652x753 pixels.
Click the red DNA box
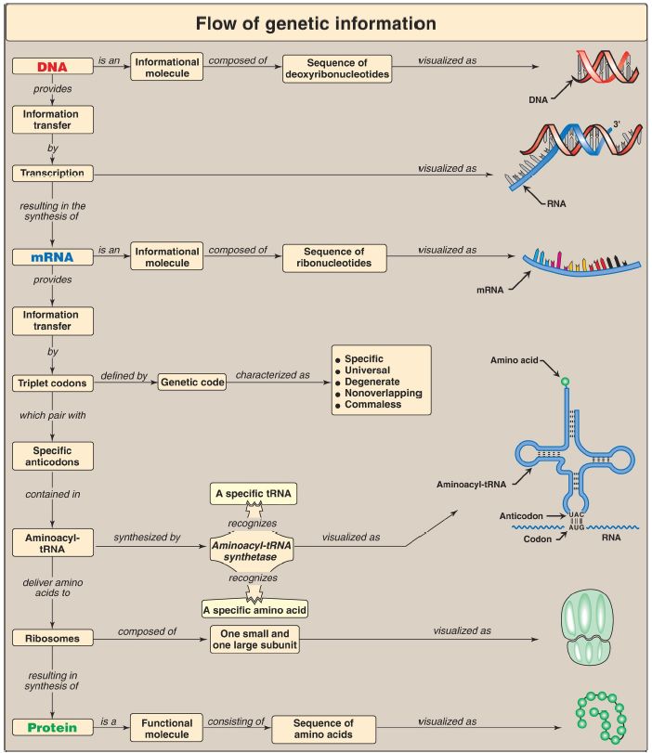(x=52, y=66)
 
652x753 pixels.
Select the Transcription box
(x=52, y=173)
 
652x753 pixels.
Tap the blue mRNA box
(x=52, y=255)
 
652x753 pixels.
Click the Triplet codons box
(x=52, y=382)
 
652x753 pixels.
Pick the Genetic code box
(x=192, y=382)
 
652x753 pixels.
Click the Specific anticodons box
(x=52, y=455)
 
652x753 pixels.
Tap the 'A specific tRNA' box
(x=251, y=495)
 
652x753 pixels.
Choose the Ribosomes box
(x=52, y=638)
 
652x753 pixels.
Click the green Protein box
(x=52, y=726)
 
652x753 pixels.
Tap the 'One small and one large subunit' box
(x=254, y=639)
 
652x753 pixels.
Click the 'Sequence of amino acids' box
(x=323, y=727)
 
